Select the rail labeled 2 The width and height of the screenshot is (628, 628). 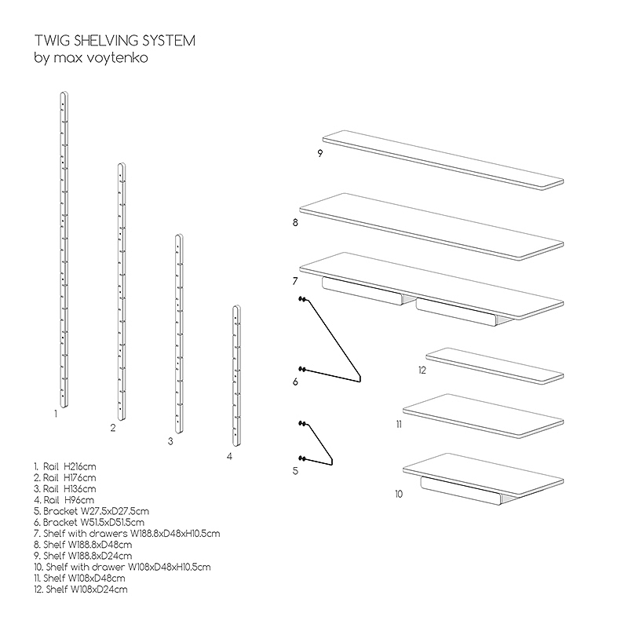click(x=121, y=290)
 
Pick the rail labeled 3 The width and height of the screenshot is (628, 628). click(x=178, y=334)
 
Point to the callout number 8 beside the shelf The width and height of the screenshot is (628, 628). click(x=294, y=223)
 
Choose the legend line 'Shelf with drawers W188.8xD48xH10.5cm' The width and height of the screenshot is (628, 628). click(x=126, y=533)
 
